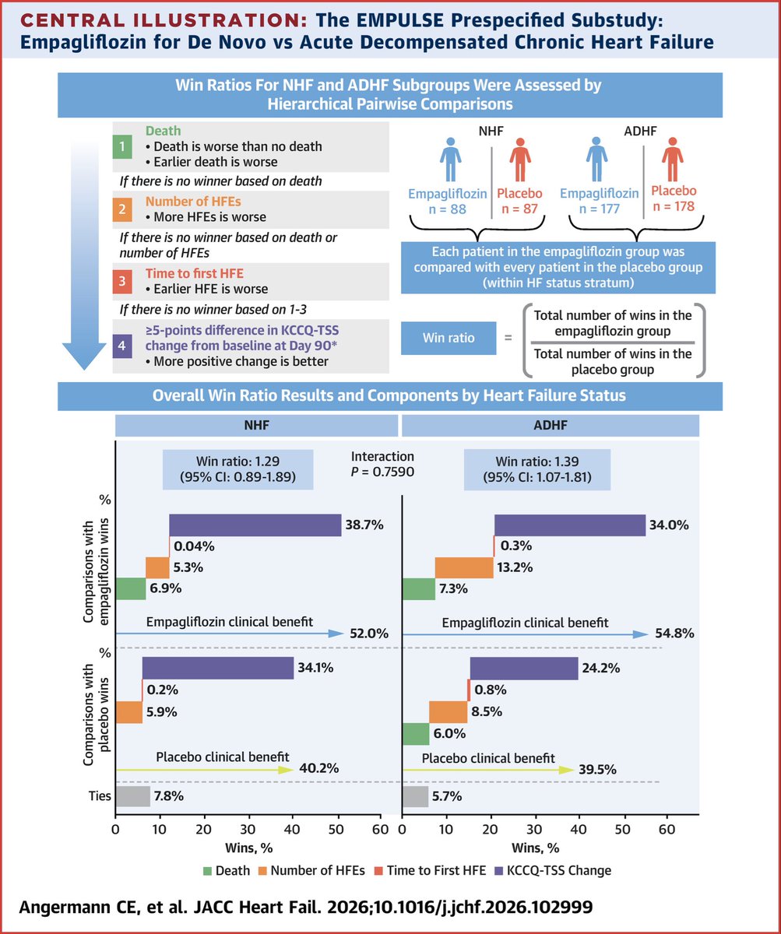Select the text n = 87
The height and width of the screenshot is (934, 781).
[x=519, y=209]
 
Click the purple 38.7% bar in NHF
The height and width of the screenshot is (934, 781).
[x=255, y=525]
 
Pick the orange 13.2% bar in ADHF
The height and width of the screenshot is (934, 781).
[x=464, y=567]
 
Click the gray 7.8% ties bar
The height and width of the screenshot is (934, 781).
[x=132, y=796]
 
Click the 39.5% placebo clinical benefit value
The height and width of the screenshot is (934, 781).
[x=597, y=770]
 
